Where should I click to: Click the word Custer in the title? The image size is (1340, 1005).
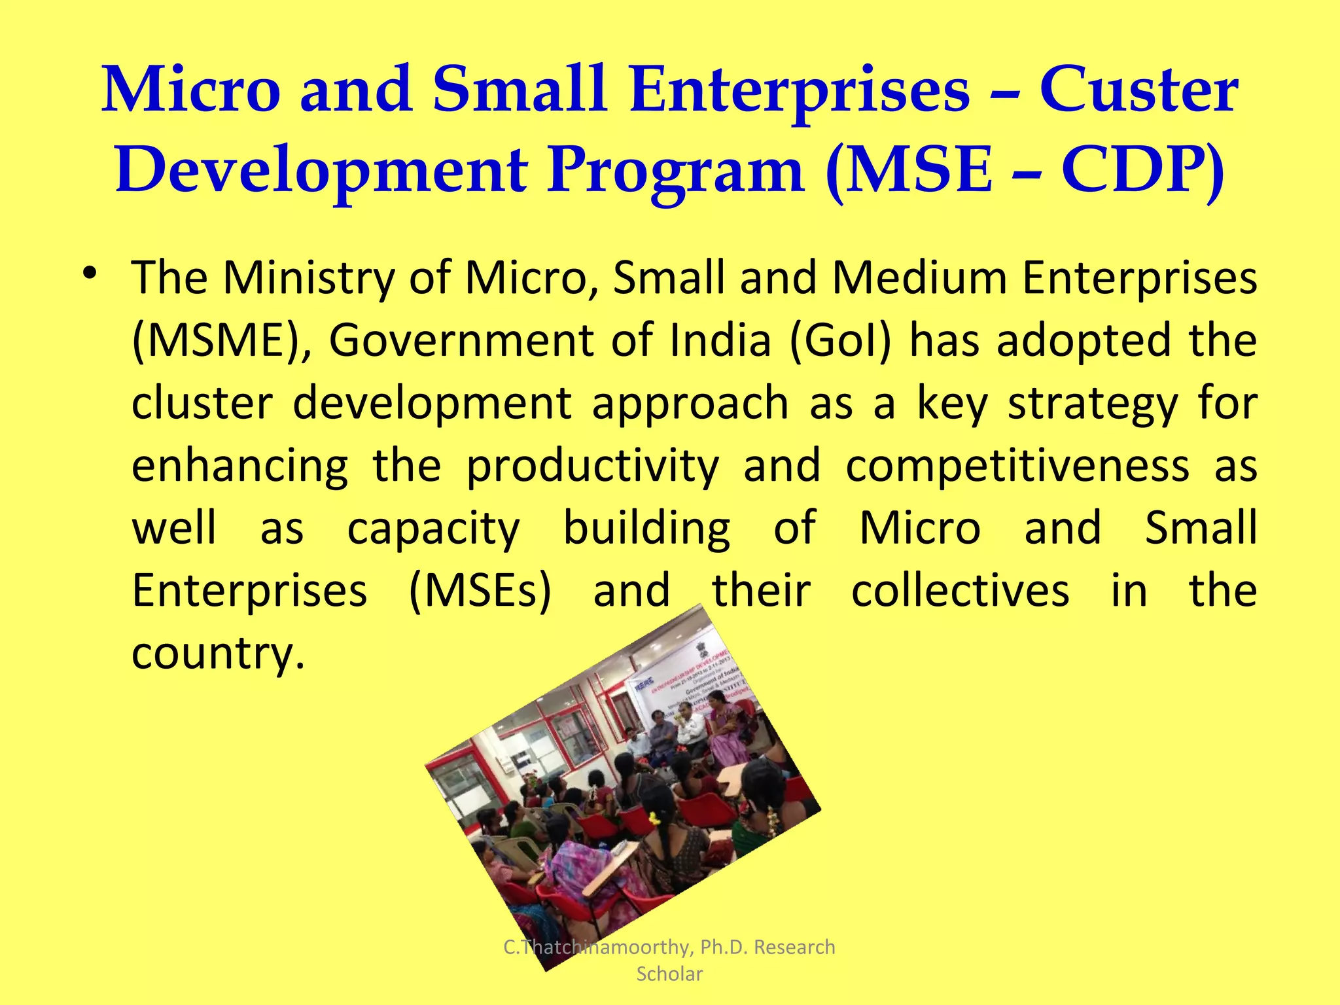[x=1138, y=90]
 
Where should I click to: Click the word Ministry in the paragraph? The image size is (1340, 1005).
[x=308, y=278]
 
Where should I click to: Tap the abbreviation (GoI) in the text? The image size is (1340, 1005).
[x=840, y=341]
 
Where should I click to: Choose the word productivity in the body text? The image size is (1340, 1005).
[x=592, y=466]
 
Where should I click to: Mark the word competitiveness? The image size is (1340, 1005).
[x=1017, y=466]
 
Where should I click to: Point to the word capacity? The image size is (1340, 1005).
[x=433, y=529]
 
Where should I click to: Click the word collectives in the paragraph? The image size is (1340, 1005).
[x=960, y=591]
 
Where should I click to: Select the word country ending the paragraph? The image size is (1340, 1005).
[x=218, y=653]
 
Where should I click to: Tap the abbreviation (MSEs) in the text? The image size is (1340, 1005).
[x=480, y=591]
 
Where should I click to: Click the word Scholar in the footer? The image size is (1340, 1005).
[x=669, y=974]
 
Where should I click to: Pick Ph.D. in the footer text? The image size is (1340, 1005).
[x=724, y=947]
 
